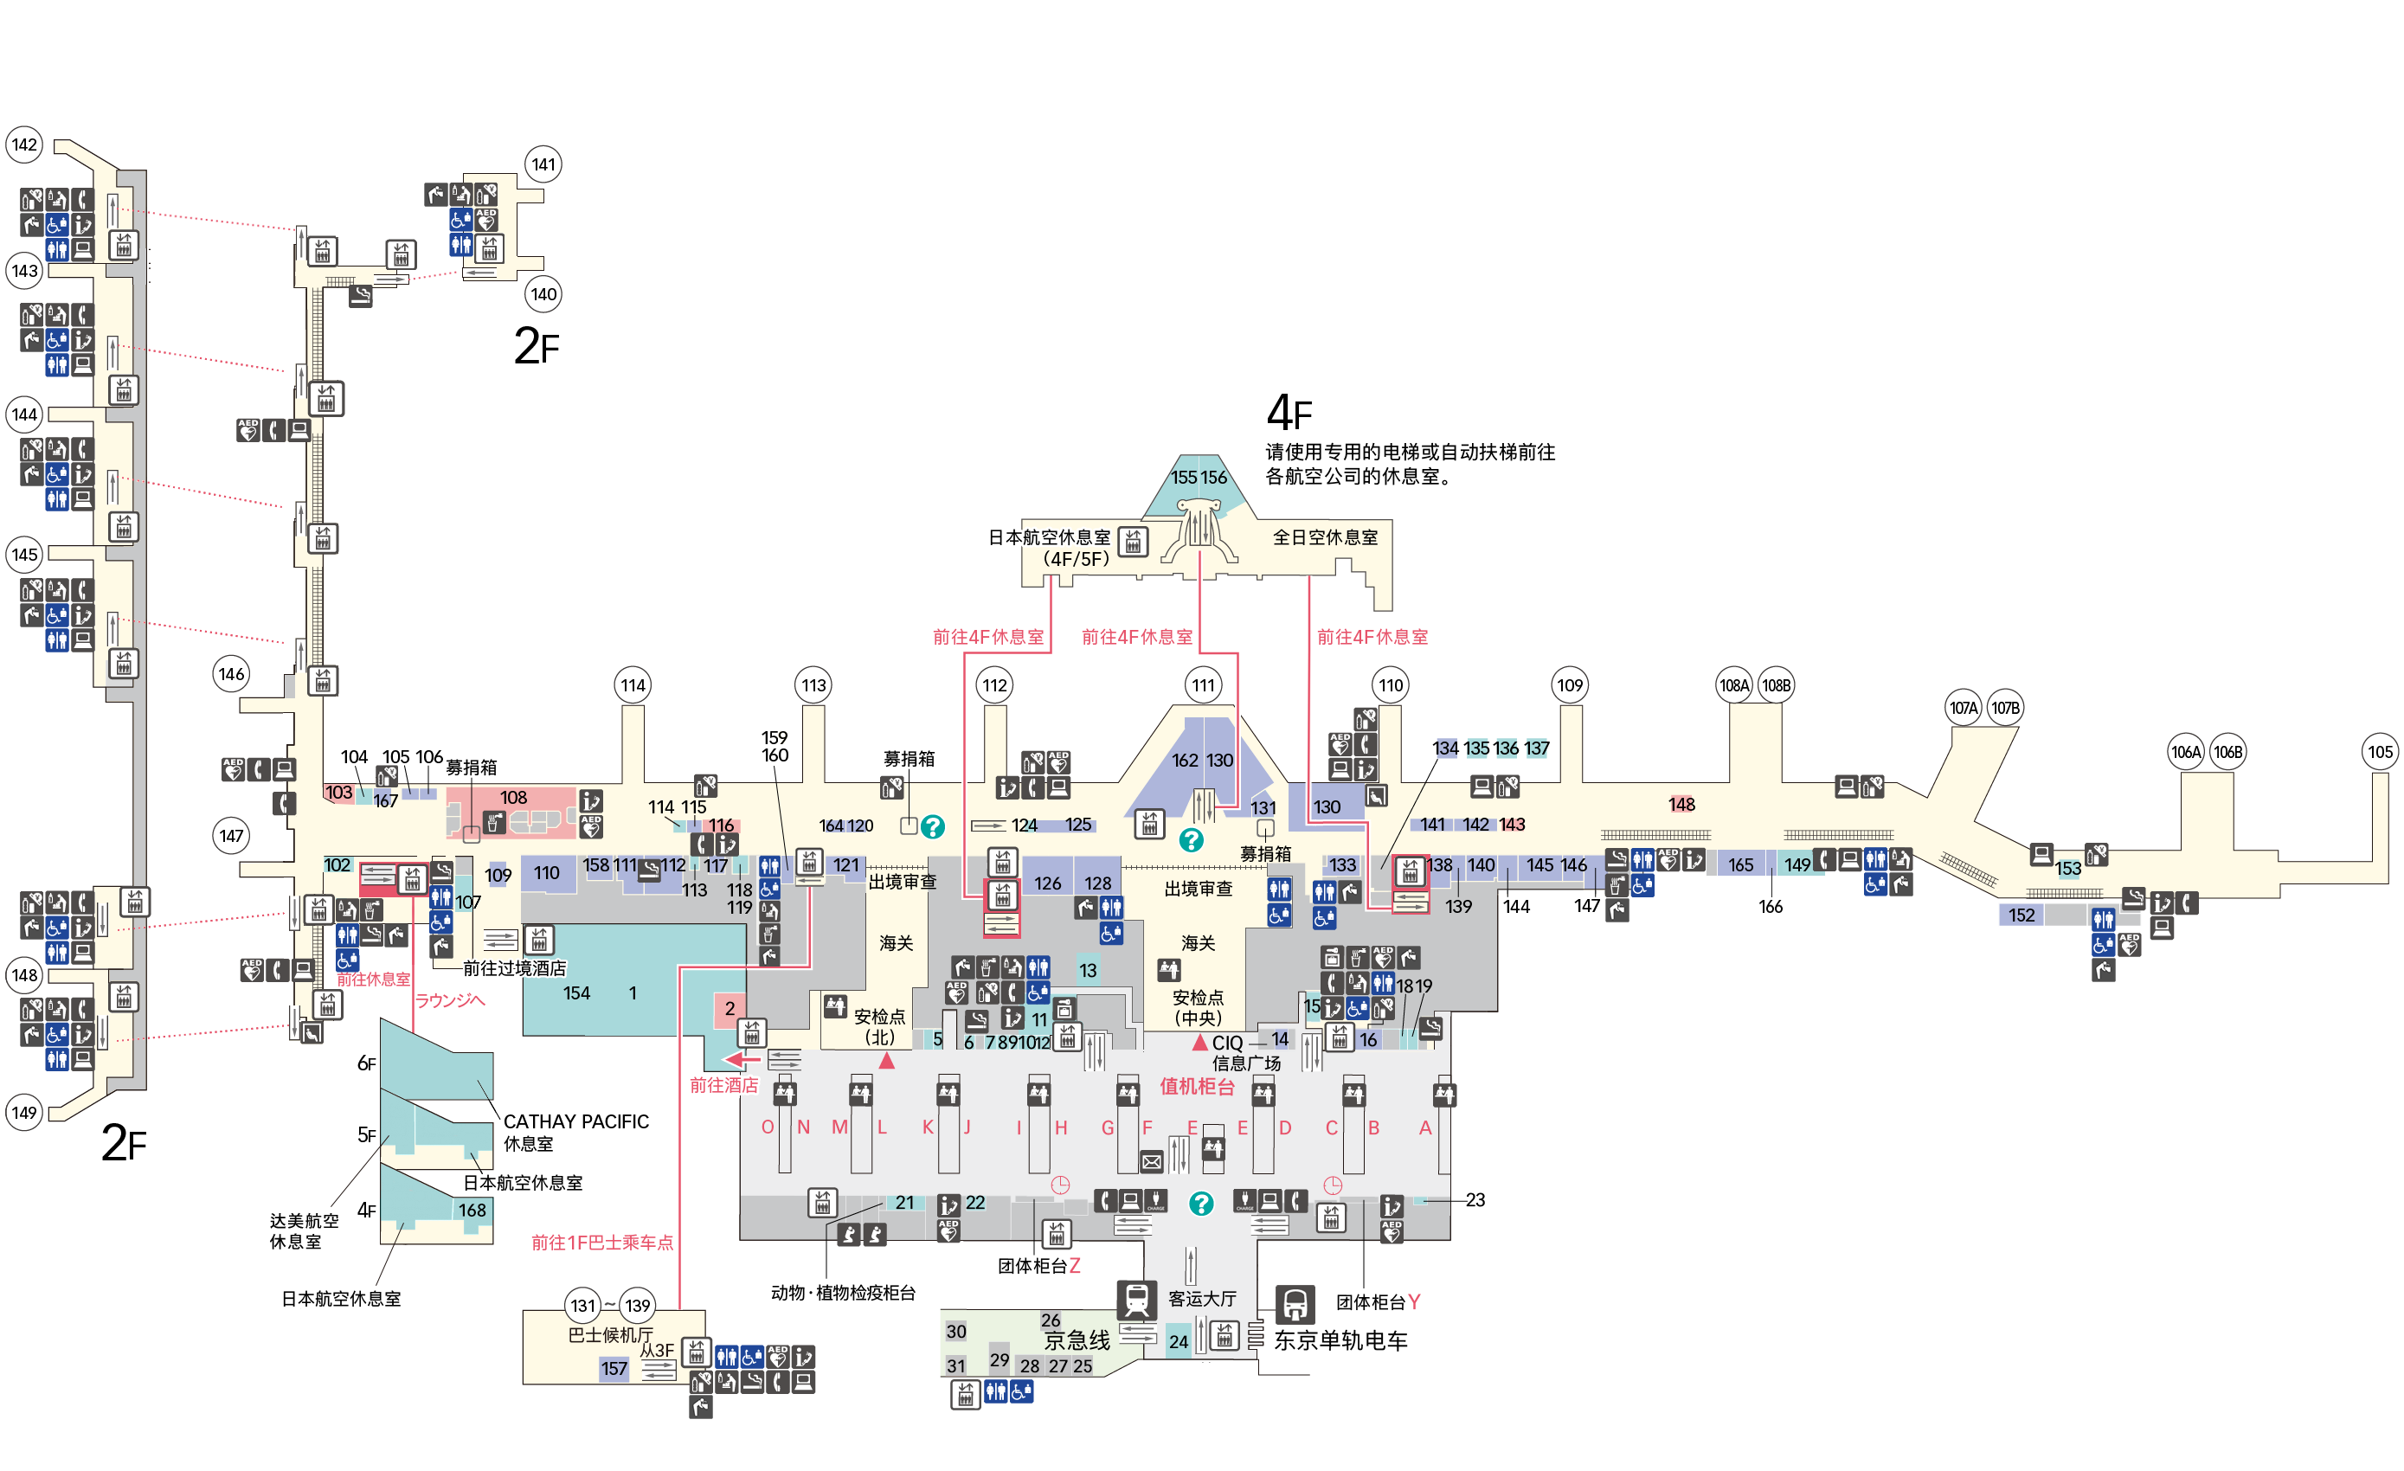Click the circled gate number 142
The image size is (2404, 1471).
tap(24, 145)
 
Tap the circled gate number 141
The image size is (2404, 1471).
tap(543, 164)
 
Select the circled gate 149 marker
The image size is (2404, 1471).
tap(24, 1112)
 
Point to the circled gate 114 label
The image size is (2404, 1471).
tap(633, 684)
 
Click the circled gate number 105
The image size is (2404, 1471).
tap(2380, 751)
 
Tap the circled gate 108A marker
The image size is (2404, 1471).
tap(1733, 684)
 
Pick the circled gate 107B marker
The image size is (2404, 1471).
tap(2005, 707)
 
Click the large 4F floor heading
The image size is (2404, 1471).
tap(1289, 413)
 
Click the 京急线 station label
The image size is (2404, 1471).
tap(1077, 1340)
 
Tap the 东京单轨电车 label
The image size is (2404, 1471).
tap(1340, 1340)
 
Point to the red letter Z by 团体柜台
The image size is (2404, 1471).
tap(1074, 1265)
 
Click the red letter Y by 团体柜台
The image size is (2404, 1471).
tap(1414, 1301)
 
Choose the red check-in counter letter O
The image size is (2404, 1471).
tap(768, 1127)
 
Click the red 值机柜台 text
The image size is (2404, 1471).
tap(1197, 1086)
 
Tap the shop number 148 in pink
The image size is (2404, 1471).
tap(1682, 804)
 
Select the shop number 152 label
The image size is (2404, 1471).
tap(2022, 915)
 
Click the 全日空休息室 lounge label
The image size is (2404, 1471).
tap(1325, 536)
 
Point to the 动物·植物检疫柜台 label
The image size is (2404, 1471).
tap(843, 1293)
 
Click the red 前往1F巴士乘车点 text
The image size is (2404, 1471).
tap(602, 1242)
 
